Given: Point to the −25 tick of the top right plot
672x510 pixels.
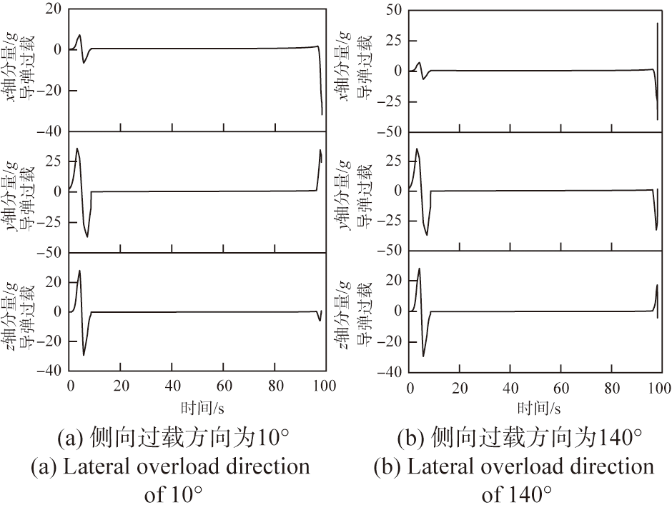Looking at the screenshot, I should point(391,101).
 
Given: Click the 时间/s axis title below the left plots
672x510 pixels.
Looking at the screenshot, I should point(197,407).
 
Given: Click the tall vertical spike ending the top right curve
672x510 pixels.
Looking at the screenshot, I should point(657,71).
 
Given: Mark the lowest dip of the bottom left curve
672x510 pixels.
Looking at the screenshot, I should point(84,354).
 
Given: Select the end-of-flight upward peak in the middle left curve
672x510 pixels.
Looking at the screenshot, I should point(320,151).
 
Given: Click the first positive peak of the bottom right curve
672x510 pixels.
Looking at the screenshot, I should point(419,269).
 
